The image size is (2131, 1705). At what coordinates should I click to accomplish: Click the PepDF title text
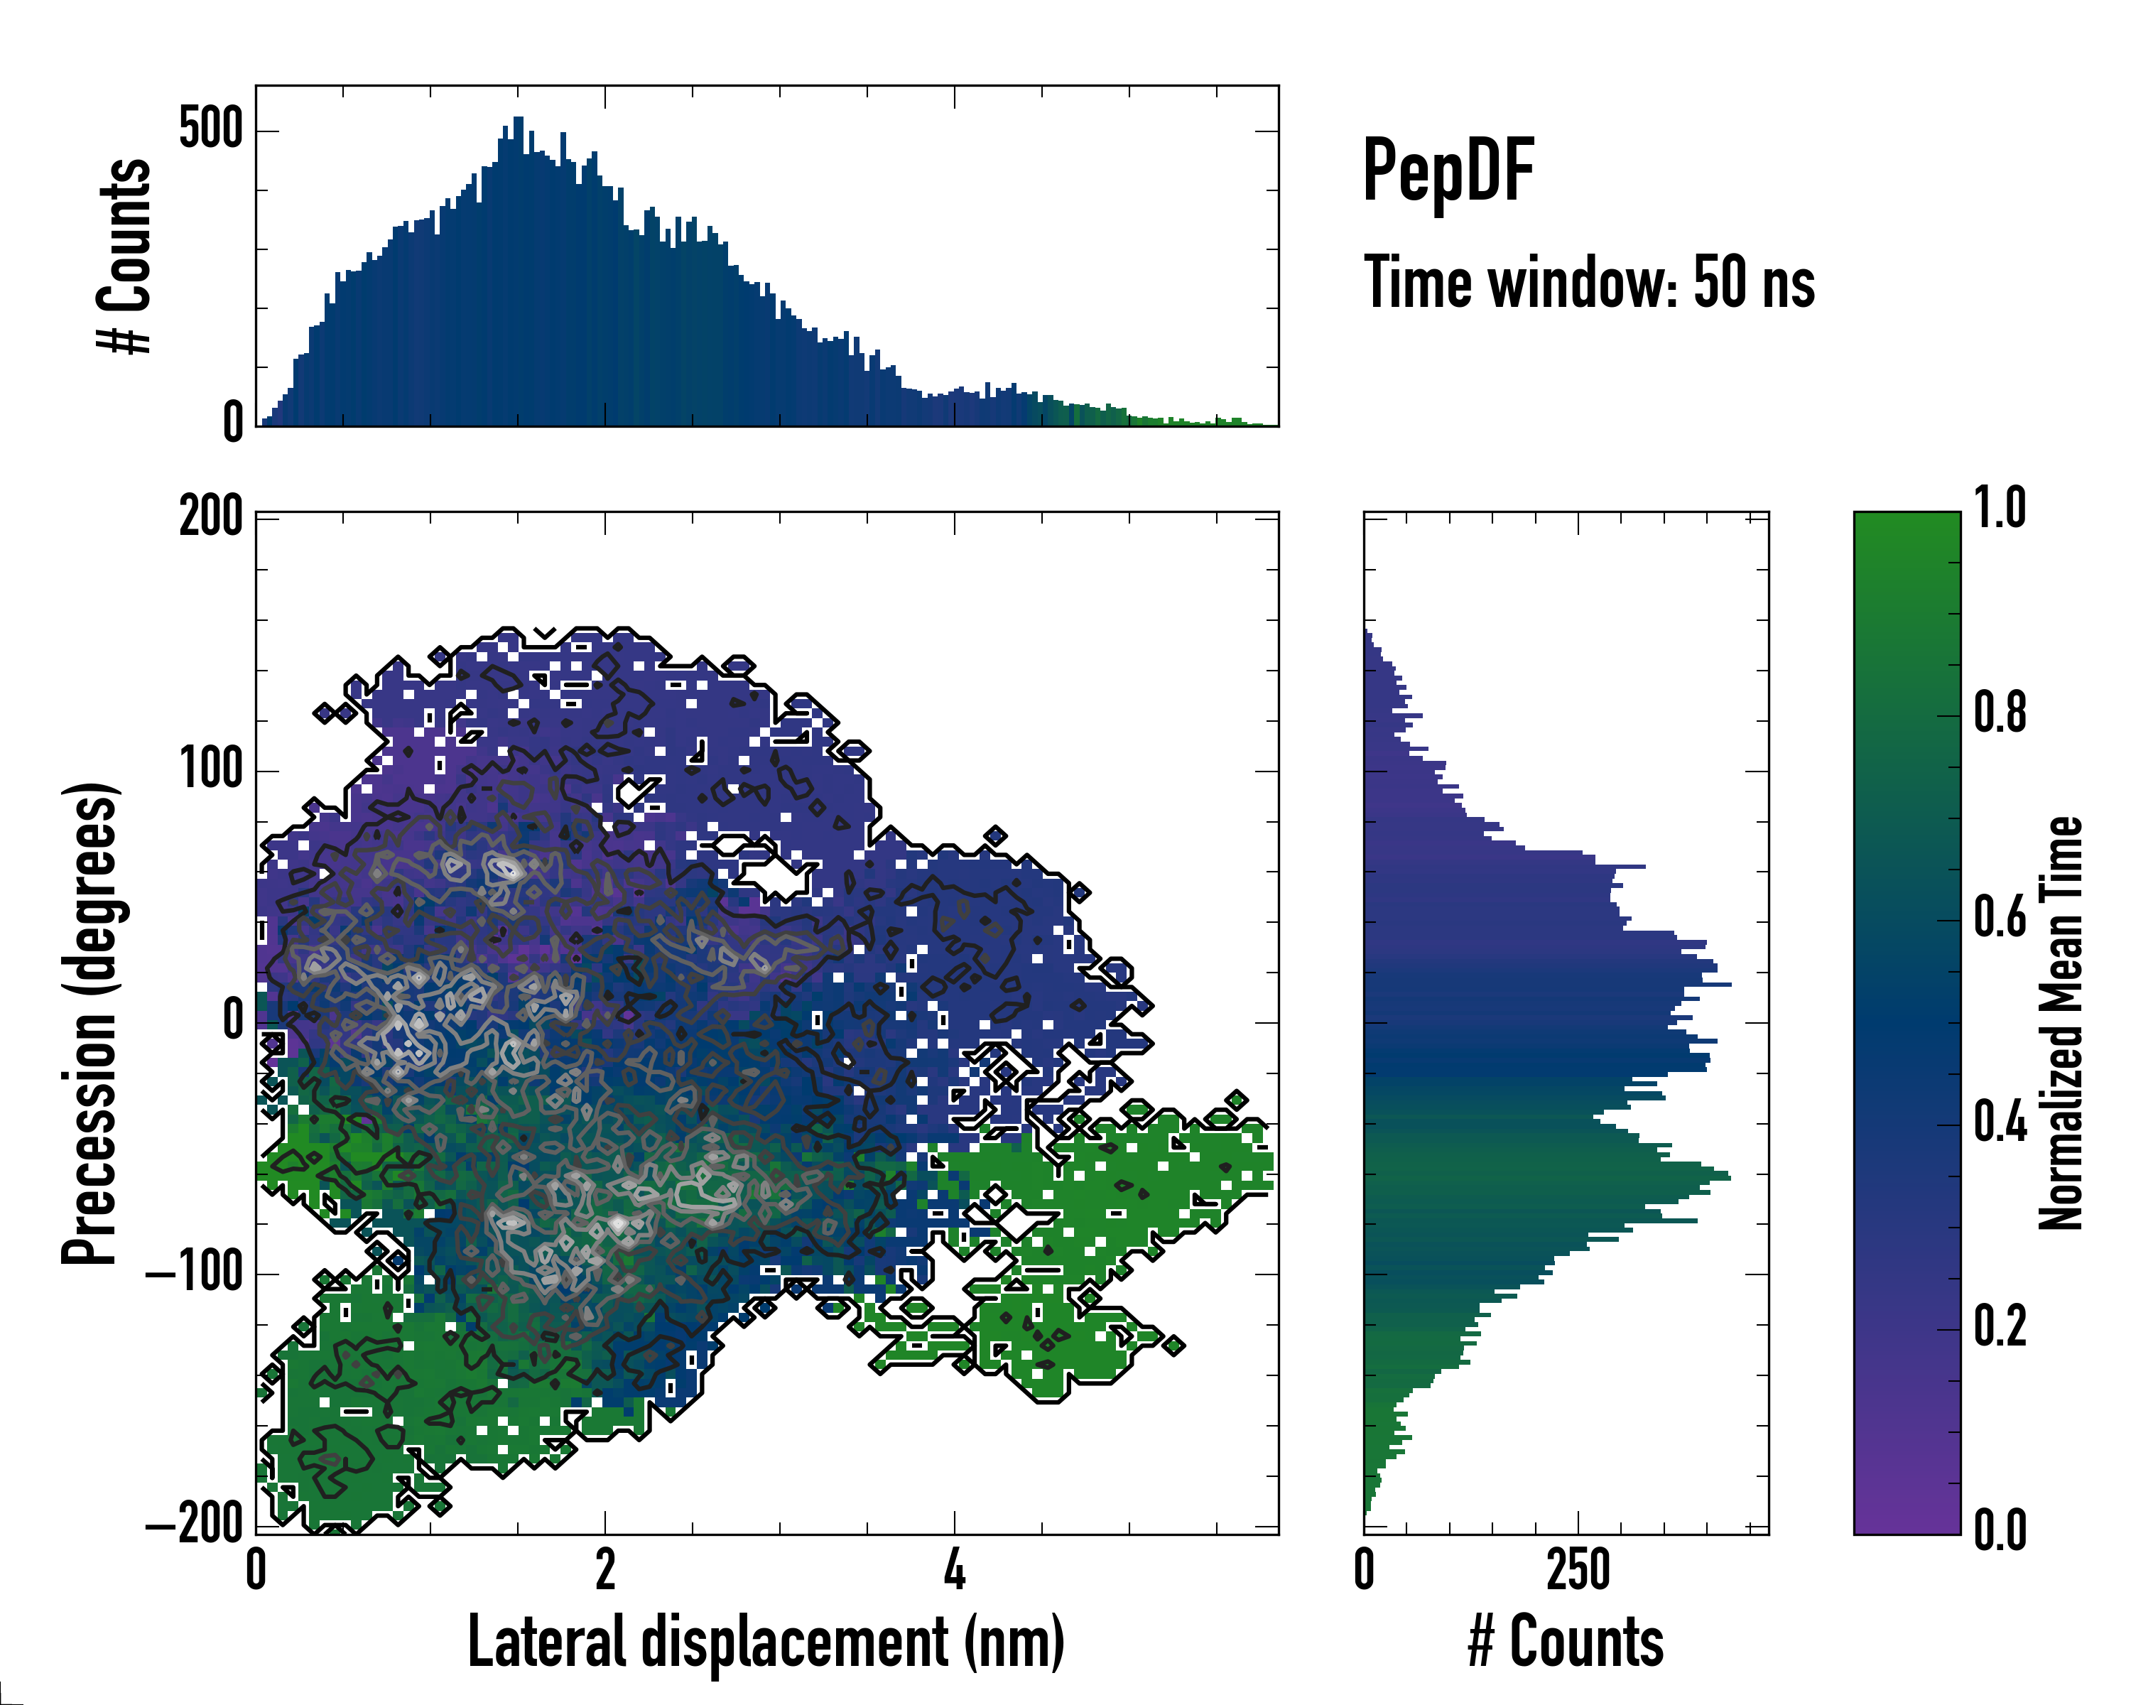coord(1448,170)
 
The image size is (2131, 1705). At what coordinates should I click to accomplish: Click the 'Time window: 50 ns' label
coord(1589,283)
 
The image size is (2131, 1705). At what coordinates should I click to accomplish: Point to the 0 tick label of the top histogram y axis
coord(233,423)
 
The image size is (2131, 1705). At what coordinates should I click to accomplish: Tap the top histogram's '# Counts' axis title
coord(124,256)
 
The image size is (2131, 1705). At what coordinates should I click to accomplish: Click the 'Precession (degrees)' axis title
coord(90,1023)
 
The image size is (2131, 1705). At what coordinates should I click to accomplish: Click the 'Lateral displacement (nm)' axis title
coord(766,1642)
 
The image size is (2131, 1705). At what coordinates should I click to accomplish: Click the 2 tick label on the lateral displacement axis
coord(605,1569)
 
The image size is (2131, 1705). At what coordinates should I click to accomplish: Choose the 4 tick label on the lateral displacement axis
coord(954,1569)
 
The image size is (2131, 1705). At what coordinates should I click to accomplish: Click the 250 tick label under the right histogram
coord(1578,1569)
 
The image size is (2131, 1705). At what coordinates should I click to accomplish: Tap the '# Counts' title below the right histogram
coord(1566,1642)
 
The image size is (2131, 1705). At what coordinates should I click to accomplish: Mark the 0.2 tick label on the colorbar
coord(2000,1326)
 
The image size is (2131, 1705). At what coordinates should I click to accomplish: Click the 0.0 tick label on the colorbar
coord(2000,1530)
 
